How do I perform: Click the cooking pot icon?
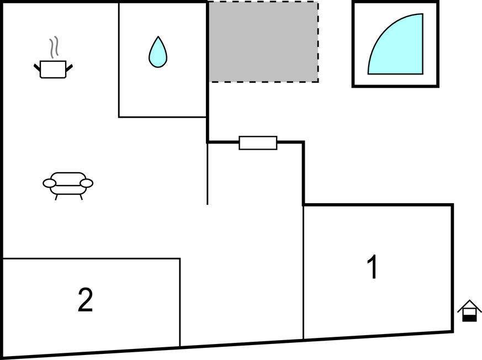coord(53,69)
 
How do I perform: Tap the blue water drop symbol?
coord(158,54)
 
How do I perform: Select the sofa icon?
coord(68,183)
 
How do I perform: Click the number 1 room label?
coord(373,267)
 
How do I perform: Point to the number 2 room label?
coord(85,300)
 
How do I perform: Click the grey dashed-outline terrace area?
coord(263,42)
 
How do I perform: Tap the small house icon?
coord(469,311)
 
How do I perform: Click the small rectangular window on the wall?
coord(258,143)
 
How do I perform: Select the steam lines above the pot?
coord(54,48)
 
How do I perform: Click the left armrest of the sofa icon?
coord(50,183)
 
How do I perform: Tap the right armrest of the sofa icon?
coord(86,183)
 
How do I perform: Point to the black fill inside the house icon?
coord(469,317)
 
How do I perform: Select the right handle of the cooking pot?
coord(69,67)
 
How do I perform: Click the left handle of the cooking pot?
coord(37,67)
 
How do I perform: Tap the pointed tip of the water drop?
coord(158,38)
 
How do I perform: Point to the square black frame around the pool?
coord(395,86)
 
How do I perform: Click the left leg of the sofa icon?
coord(56,197)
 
